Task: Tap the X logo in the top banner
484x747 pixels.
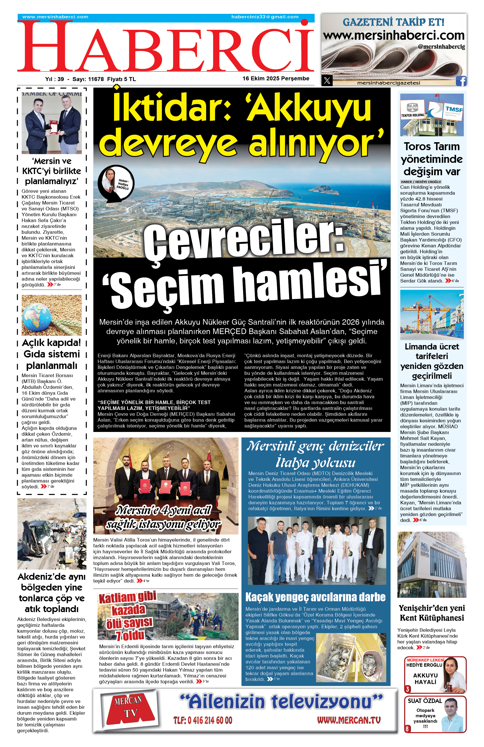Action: click(x=327, y=81)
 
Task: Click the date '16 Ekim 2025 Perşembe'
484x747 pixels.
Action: click(x=276, y=78)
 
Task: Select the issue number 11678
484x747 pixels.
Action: click(x=96, y=79)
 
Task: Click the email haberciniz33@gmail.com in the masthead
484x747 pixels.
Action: click(x=265, y=17)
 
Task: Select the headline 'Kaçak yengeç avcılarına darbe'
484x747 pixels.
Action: click(x=315, y=597)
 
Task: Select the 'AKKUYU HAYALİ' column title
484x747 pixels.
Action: click(x=425, y=678)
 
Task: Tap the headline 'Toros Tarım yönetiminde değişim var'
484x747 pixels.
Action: click(x=432, y=159)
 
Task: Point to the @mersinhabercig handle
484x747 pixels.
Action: click(x=441, y=47)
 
